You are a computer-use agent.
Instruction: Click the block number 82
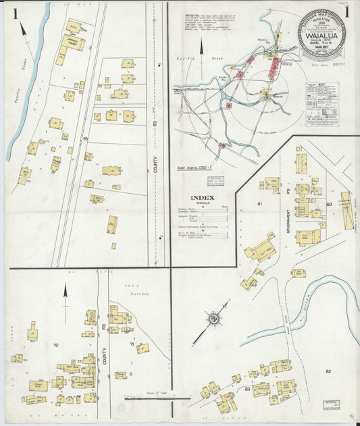(328, 371)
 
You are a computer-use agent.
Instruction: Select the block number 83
(248, 389)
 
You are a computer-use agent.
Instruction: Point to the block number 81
(259, 203)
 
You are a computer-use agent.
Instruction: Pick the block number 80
(328, 203)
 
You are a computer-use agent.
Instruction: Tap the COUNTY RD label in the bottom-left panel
(105, 352)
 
